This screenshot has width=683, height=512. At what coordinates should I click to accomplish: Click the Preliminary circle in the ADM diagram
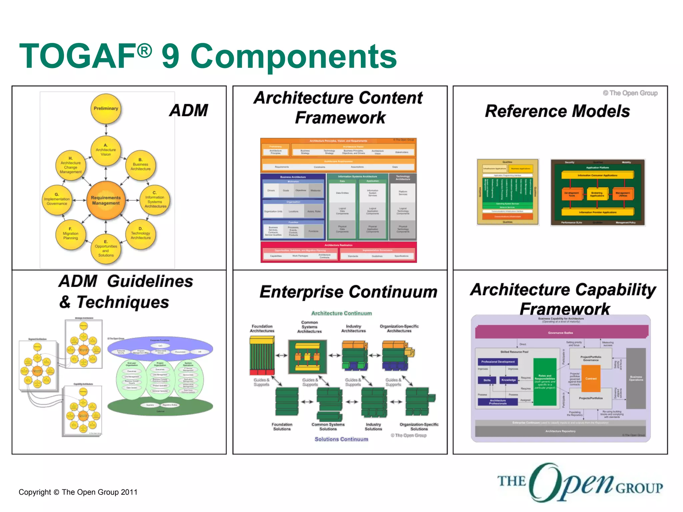pos(106,109)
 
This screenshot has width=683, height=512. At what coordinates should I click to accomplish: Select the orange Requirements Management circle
pos(106,200)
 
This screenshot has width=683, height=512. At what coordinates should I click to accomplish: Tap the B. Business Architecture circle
pos(140,165)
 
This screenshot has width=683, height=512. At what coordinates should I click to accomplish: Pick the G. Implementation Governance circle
pos(57,199)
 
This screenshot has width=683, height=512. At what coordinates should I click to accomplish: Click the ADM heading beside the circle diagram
pos(189,110)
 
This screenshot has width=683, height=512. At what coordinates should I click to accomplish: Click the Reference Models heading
pos(557,111)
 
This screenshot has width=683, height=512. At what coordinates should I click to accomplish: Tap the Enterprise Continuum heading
pos(348,292)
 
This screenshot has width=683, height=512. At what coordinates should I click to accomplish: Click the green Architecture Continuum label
pos(341,313)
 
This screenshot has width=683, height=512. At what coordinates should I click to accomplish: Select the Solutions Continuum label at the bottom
pos(341,439)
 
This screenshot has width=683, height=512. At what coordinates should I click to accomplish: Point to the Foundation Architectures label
pos(262,329)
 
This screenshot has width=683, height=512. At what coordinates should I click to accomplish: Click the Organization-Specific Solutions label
pos(419,427)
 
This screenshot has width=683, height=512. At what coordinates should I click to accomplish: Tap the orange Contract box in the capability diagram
pos(591,379)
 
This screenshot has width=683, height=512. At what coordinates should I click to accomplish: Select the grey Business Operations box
pos(636,379)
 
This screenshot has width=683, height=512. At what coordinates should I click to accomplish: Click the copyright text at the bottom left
pos(78,492)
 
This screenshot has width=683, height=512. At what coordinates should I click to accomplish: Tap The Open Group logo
pos(580,483)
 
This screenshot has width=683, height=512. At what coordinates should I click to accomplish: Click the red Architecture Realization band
pos(338,245)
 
